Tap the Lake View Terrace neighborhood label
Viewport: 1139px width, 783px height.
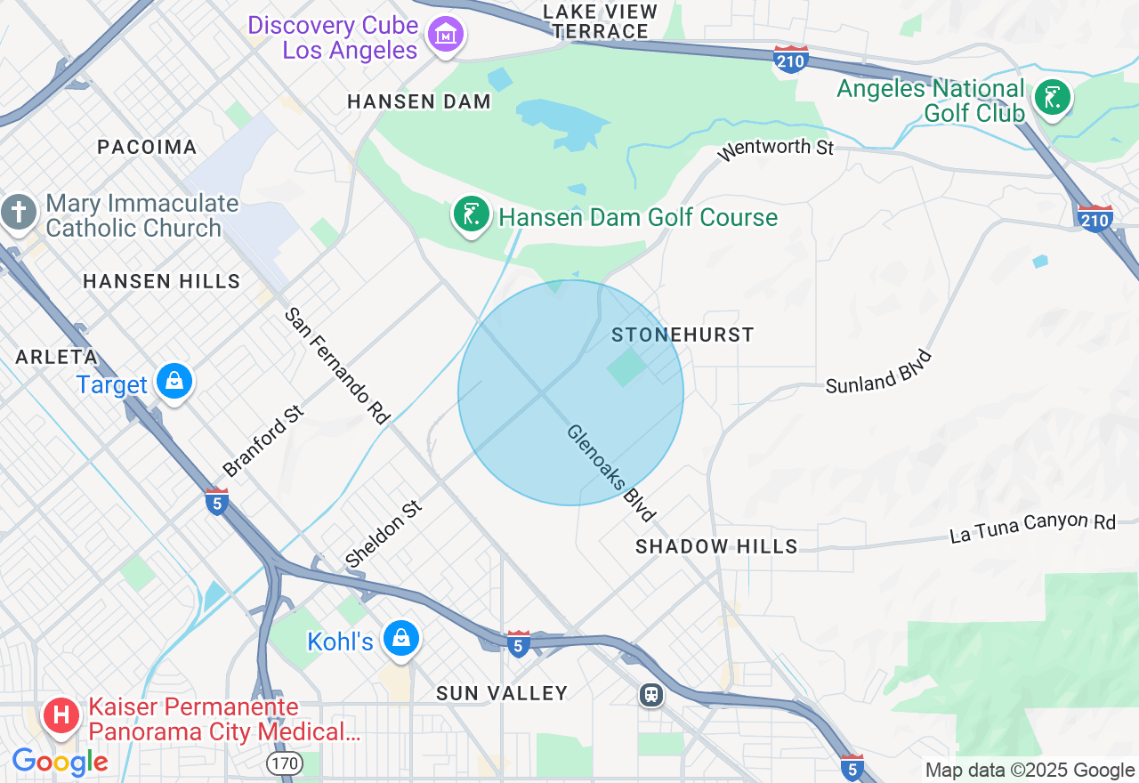(x=600, y=22)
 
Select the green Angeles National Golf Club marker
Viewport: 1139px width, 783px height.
(x=1052, y=97)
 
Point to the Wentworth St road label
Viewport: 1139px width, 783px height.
(x=775, y=149)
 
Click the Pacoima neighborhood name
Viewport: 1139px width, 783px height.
(x=147, y=148)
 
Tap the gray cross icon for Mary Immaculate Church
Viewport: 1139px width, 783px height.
(x=18, y=214)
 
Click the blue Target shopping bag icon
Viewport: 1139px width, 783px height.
(x=174, y=383)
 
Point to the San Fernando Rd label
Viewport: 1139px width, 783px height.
(x=337, y=366)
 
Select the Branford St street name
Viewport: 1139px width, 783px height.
(x=263, y=441)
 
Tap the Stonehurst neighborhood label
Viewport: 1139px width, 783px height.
(x=683, y=335)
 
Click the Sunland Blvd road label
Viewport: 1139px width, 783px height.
(x=879, y=372)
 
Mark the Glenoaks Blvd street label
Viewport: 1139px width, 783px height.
(x=611, y=472)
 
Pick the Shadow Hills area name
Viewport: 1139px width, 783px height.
(x=716, y=546)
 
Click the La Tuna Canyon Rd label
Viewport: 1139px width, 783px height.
(x=1032, y=528)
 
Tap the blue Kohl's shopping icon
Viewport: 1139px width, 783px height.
(x=401, y=639)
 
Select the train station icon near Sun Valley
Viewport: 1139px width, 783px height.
(x=651, y=694)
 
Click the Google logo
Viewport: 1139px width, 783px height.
(x=60, y=763)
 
